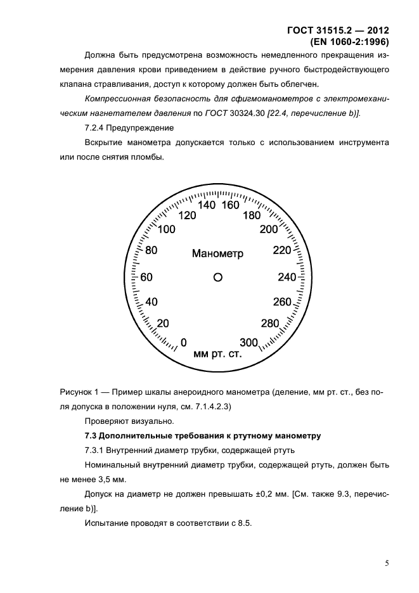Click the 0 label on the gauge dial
pos(184,343)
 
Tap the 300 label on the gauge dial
pos(249,343)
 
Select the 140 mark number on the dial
pos(207,205)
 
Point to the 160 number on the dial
pos(230,205)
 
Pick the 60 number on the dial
pos(146,277)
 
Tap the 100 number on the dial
pos(167,230)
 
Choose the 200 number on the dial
pos(269,229)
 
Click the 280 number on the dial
pos(270,324)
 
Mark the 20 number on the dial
pos(163,324)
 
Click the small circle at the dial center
pos(217,277)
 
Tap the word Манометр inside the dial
pos(217,253)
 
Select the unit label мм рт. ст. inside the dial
pos(217,354)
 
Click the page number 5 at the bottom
pos(386,562)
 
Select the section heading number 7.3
pos(93,435)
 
